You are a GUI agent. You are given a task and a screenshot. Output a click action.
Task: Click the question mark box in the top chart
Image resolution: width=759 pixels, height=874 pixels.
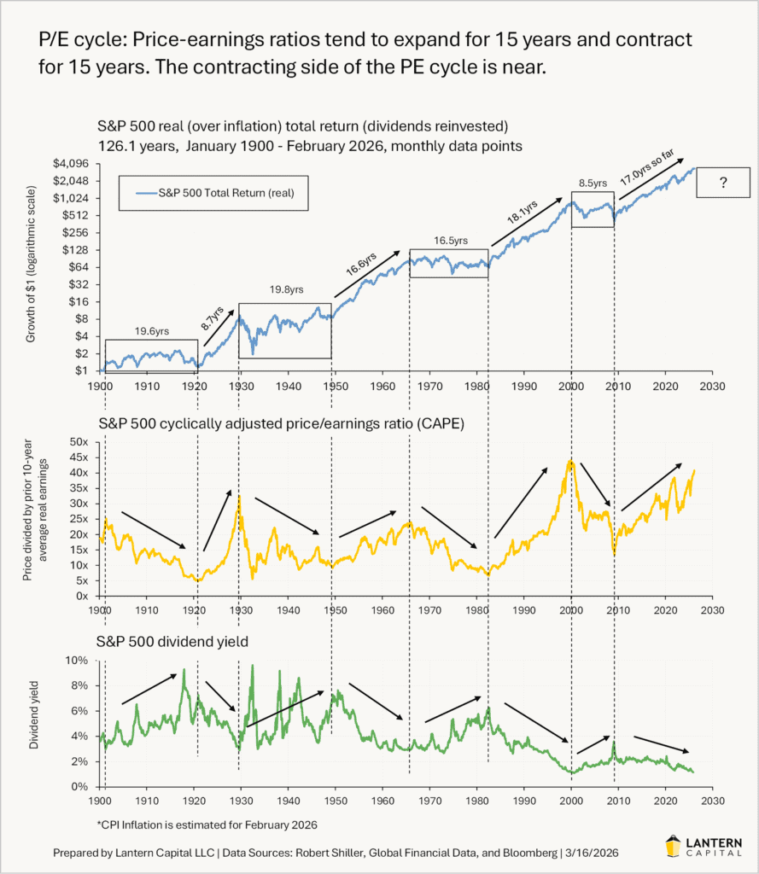pyautogui.click(x=722, y=183)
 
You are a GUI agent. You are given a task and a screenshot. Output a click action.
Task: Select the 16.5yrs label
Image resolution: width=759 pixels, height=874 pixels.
pyautogui.click(x=449, y=242)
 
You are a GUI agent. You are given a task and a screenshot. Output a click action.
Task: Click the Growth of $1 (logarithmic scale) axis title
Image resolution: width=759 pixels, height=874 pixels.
pyautogui.click(x=32, y=268)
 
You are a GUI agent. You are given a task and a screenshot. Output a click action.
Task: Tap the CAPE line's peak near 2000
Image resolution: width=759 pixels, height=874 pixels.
pyautogui.click(x=569, y=461)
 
